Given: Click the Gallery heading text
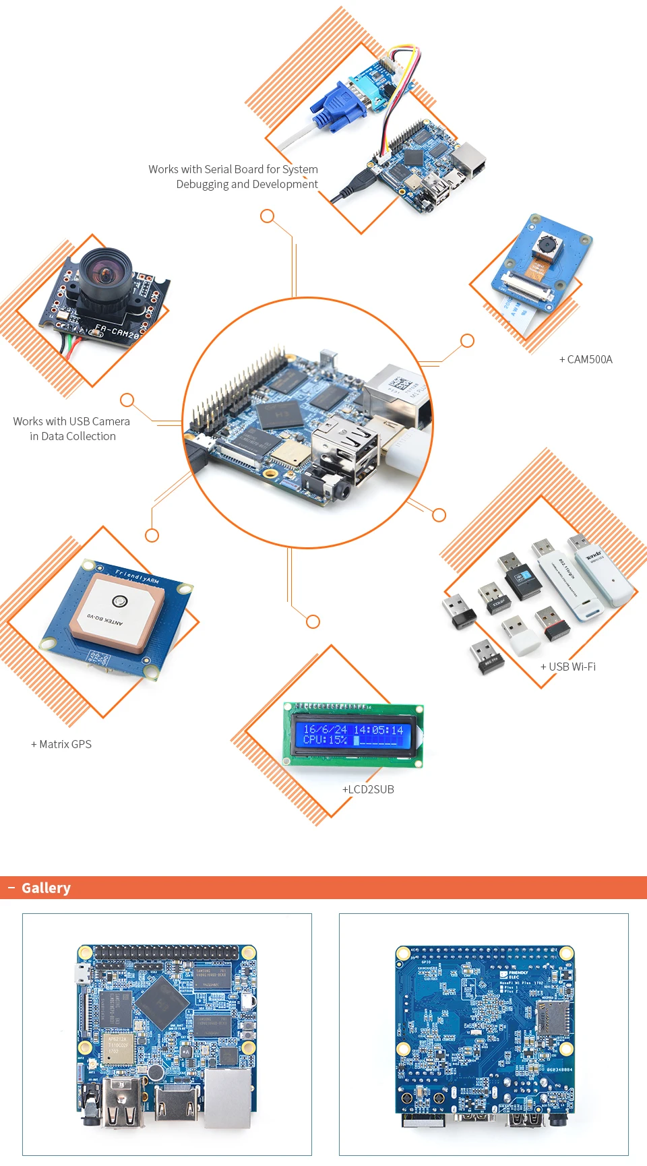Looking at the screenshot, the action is (46, 888).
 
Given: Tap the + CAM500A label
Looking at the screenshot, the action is (586, 359).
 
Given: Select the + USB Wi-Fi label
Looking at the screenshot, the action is (567, 667).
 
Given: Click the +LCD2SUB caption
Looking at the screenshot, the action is (368, 789).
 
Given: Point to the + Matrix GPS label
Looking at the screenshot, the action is (61, 744).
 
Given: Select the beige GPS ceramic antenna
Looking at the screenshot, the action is (117, 613).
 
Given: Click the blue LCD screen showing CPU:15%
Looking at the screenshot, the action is (352, 734).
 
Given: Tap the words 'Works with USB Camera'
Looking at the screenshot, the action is (71, 421).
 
